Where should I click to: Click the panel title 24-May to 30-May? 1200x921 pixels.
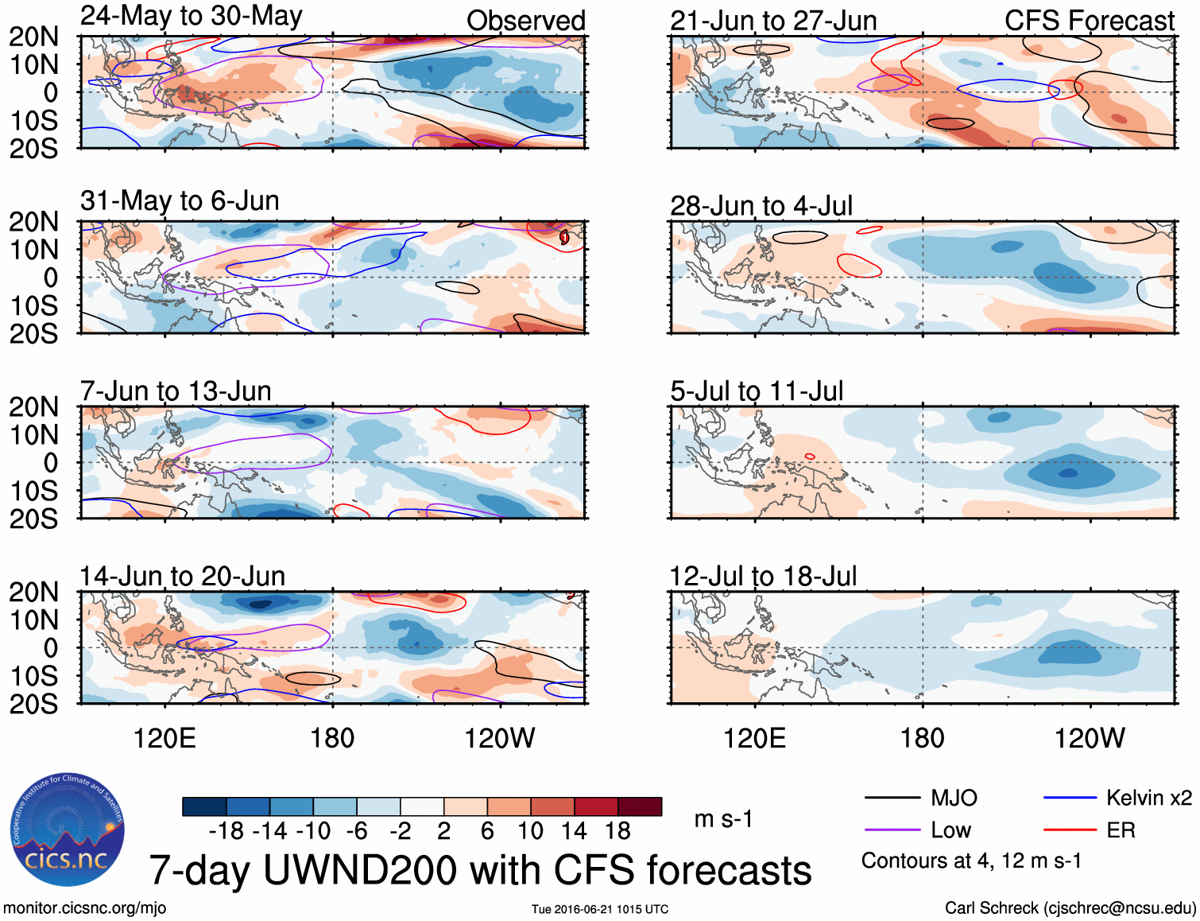click(x=192, y=16)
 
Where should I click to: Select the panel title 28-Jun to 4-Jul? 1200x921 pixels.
click(x=761, y=206)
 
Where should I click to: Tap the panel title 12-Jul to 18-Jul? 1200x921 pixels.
click(x=764, y=577)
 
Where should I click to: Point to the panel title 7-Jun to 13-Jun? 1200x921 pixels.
click(x=176, y=391)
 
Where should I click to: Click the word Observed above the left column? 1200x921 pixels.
click(x=525, y=21)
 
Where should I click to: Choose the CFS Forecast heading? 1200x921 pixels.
click(x=1089, y=21)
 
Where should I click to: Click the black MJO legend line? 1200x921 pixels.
click(x=892, y=798)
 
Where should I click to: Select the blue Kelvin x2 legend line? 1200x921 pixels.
click(x=1070, y=798)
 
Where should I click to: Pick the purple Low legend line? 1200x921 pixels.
click(x=892, y=830)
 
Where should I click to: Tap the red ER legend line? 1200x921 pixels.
click(x=1070, y=830)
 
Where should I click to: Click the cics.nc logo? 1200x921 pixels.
click(x=67, y=830)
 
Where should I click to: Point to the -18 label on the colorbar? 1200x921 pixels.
click(x=226, y=831)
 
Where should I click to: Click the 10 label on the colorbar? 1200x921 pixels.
click(x=530, y=831)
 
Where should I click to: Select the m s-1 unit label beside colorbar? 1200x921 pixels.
click(x=723, y=819)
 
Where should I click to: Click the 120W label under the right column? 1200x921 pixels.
click(x=1090, y=738)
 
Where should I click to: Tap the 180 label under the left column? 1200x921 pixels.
click(x=332, y=738)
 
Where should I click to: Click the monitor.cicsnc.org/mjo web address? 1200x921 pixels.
click(x=85, y=908)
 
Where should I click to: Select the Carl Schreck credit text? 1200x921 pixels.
click(x=1070, y=908)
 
